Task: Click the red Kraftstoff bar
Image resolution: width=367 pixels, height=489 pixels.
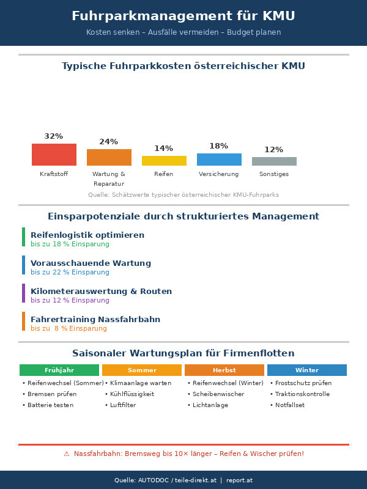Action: pos(54,155)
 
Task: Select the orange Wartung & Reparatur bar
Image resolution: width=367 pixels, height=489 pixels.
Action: pos(109,157)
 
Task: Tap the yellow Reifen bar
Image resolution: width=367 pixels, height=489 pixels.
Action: pos(164,161)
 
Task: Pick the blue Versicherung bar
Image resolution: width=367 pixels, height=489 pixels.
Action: pos(219,160)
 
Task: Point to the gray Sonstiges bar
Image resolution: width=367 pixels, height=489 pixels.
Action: pos(274,161)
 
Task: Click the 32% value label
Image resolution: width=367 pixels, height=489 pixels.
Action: pos(54,136)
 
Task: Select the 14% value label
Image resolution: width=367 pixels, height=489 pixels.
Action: pos(164,149)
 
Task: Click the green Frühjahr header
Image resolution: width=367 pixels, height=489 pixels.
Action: pos(59,370)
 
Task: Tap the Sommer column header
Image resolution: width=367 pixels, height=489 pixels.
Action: pos(142,370)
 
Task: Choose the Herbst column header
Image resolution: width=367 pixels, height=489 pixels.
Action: pos(224,370)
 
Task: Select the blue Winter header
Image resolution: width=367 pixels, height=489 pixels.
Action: pos(307,370)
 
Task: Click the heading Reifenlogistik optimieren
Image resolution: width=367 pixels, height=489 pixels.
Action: pos(87,235)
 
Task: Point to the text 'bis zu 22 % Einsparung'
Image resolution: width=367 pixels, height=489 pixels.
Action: pos(70,273)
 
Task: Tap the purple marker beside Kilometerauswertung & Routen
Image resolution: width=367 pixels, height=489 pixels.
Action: pos(23,293)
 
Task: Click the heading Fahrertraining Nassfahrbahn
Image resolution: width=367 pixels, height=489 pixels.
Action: pos(95,319)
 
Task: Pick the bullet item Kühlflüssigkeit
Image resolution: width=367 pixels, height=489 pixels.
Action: pos(130,394)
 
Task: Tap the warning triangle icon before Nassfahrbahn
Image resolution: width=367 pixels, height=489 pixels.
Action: pos(67,454)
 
